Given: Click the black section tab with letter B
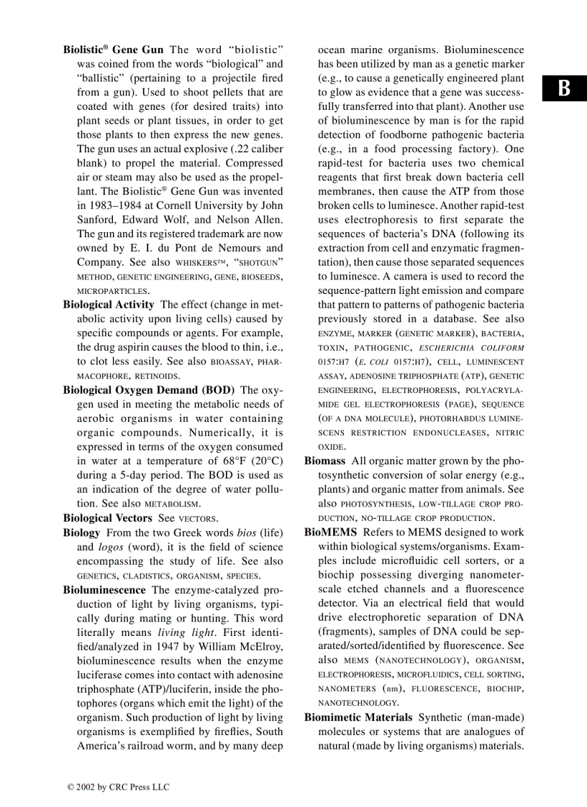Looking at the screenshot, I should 565,88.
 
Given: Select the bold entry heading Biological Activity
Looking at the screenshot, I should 109,305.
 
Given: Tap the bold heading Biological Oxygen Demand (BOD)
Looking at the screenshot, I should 149,390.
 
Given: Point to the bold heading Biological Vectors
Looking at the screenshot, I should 108,518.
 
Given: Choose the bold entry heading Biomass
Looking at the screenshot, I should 324,461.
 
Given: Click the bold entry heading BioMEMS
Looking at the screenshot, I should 331,532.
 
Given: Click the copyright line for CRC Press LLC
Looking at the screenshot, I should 119,788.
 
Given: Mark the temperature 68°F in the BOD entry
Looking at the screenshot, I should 233,461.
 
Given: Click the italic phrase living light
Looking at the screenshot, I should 186,632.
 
